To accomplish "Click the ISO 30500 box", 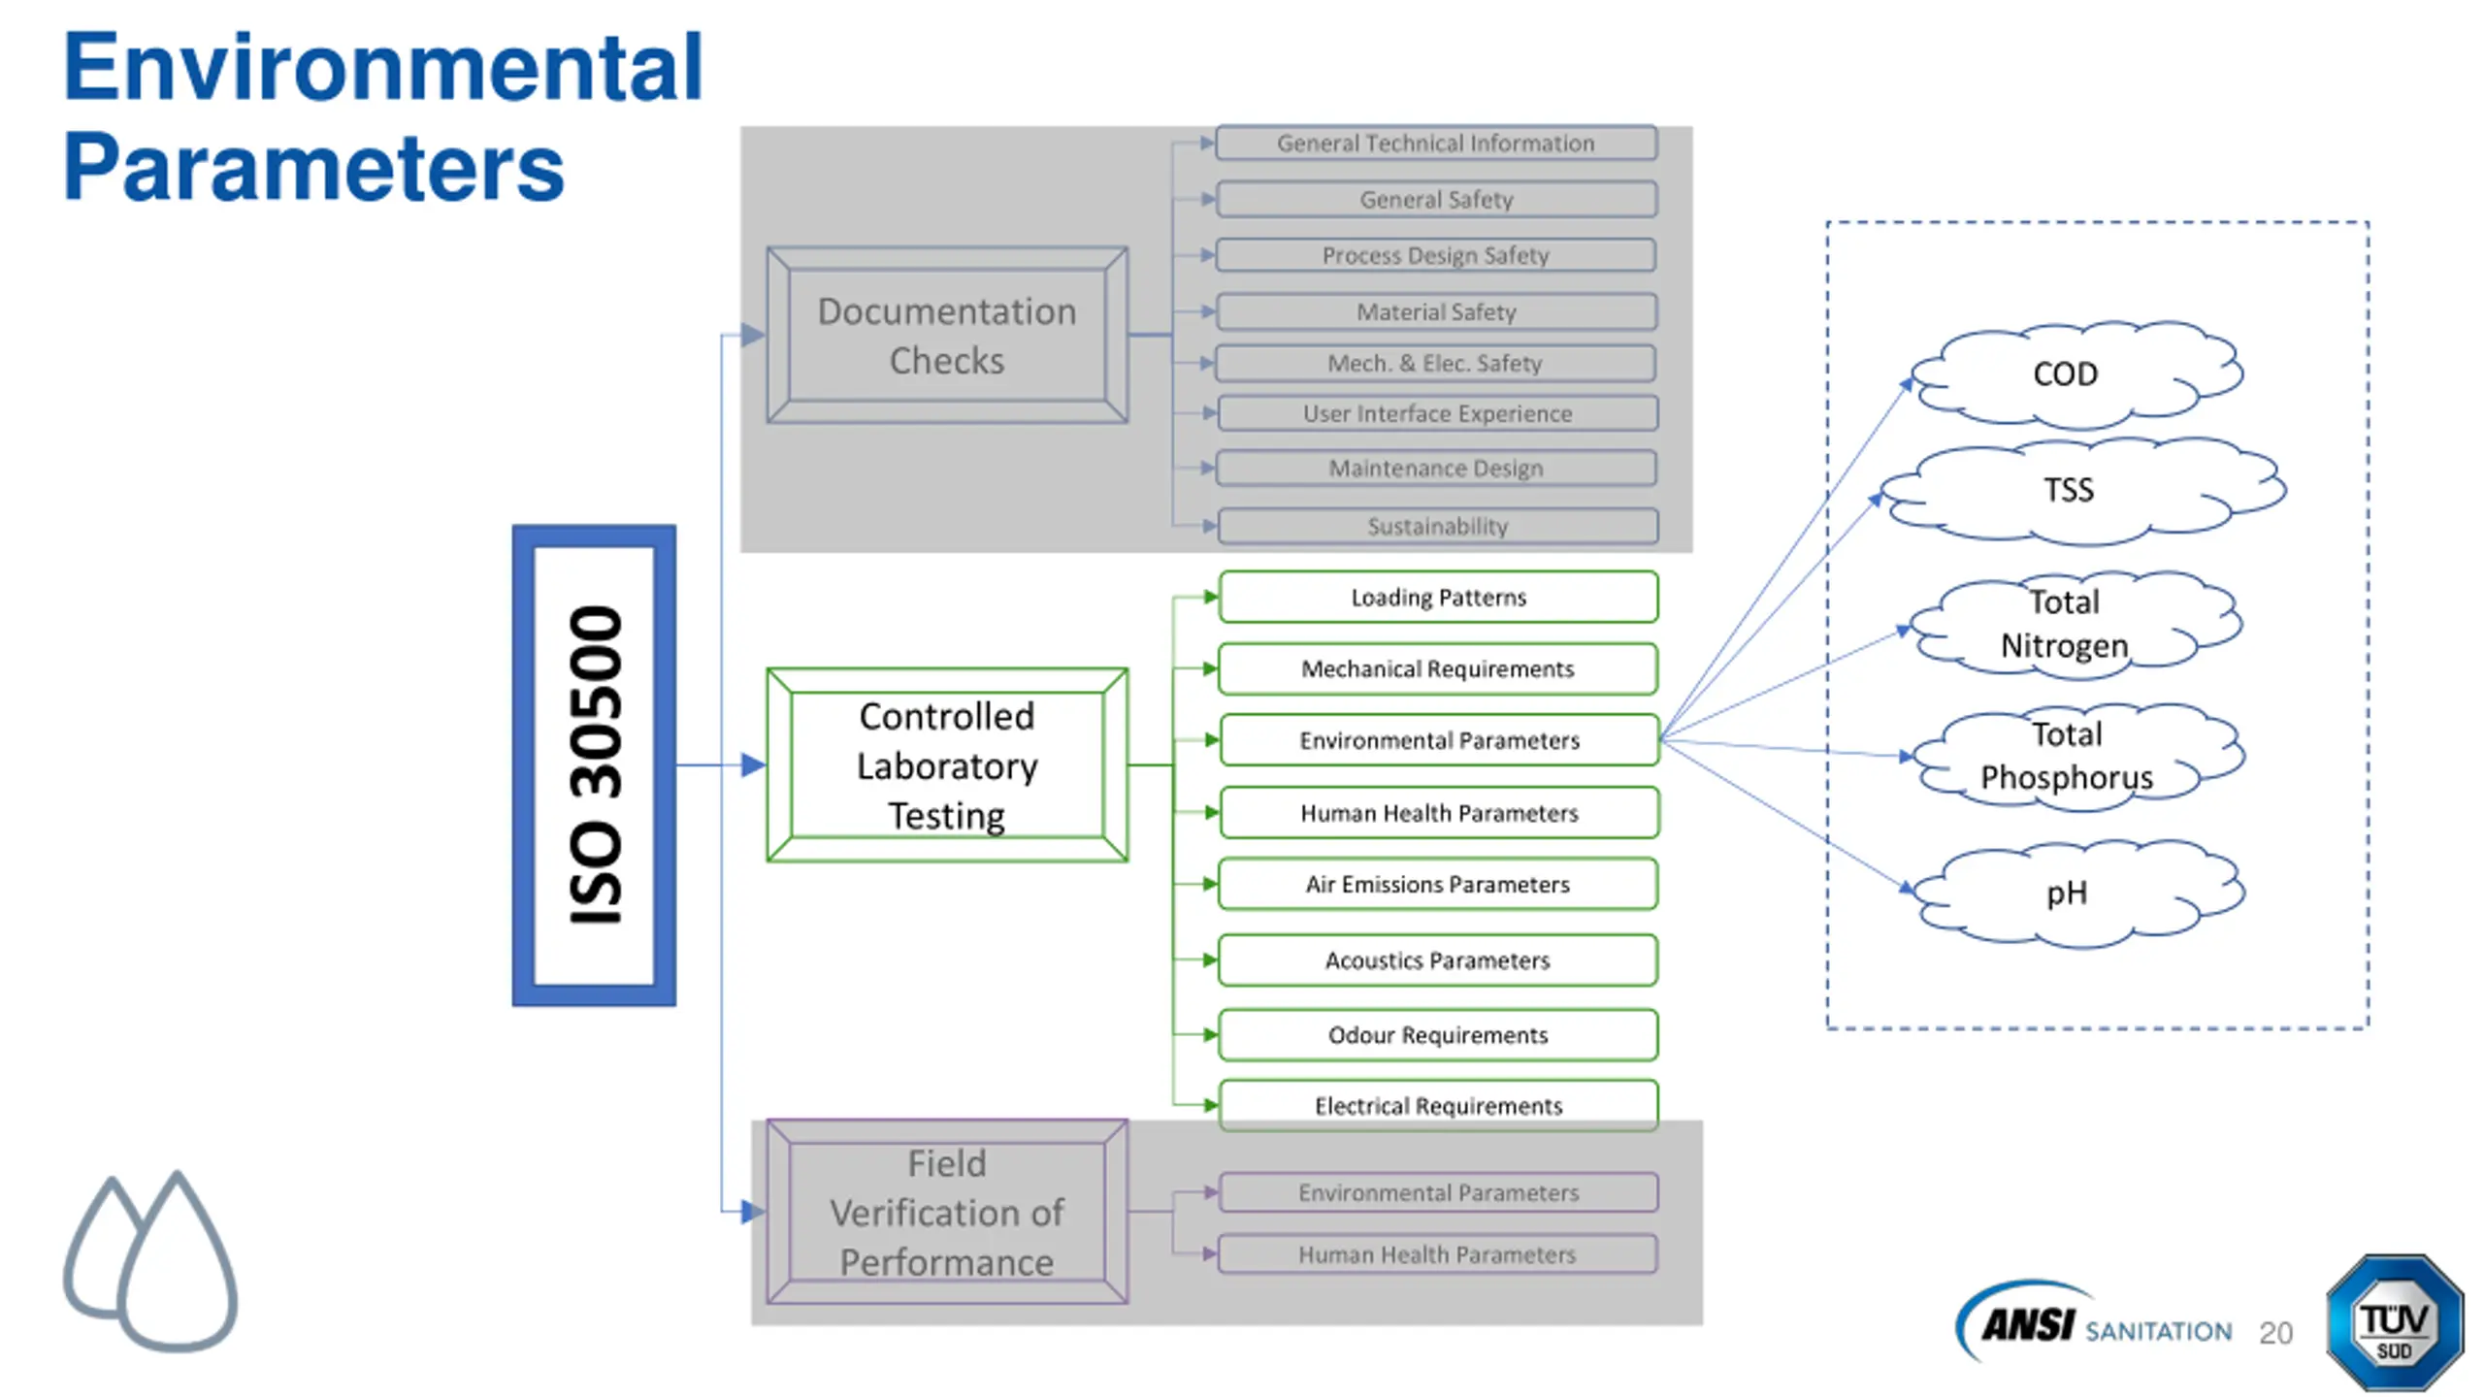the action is point(593,764).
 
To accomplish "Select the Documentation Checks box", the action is point(946,335).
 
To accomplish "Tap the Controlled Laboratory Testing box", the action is point(946,764).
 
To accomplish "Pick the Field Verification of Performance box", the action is point(946,1212).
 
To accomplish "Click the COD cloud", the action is point(2076,374).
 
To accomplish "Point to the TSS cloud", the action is point(2082,490).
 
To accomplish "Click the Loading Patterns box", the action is point(1438,597).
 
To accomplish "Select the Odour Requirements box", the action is point(1438,1035).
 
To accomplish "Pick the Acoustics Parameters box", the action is point(1438,960).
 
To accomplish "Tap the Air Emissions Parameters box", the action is point(1438,884).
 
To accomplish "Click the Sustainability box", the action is point(1438,526).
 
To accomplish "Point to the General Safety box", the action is point(1436,199).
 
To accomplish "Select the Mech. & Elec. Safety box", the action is point(1436,363).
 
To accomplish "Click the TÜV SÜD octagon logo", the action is point(2394,1323).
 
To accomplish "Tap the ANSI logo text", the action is point(2028,1324).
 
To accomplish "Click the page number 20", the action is point(2275,1332).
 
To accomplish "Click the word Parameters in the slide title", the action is point(313,167).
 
